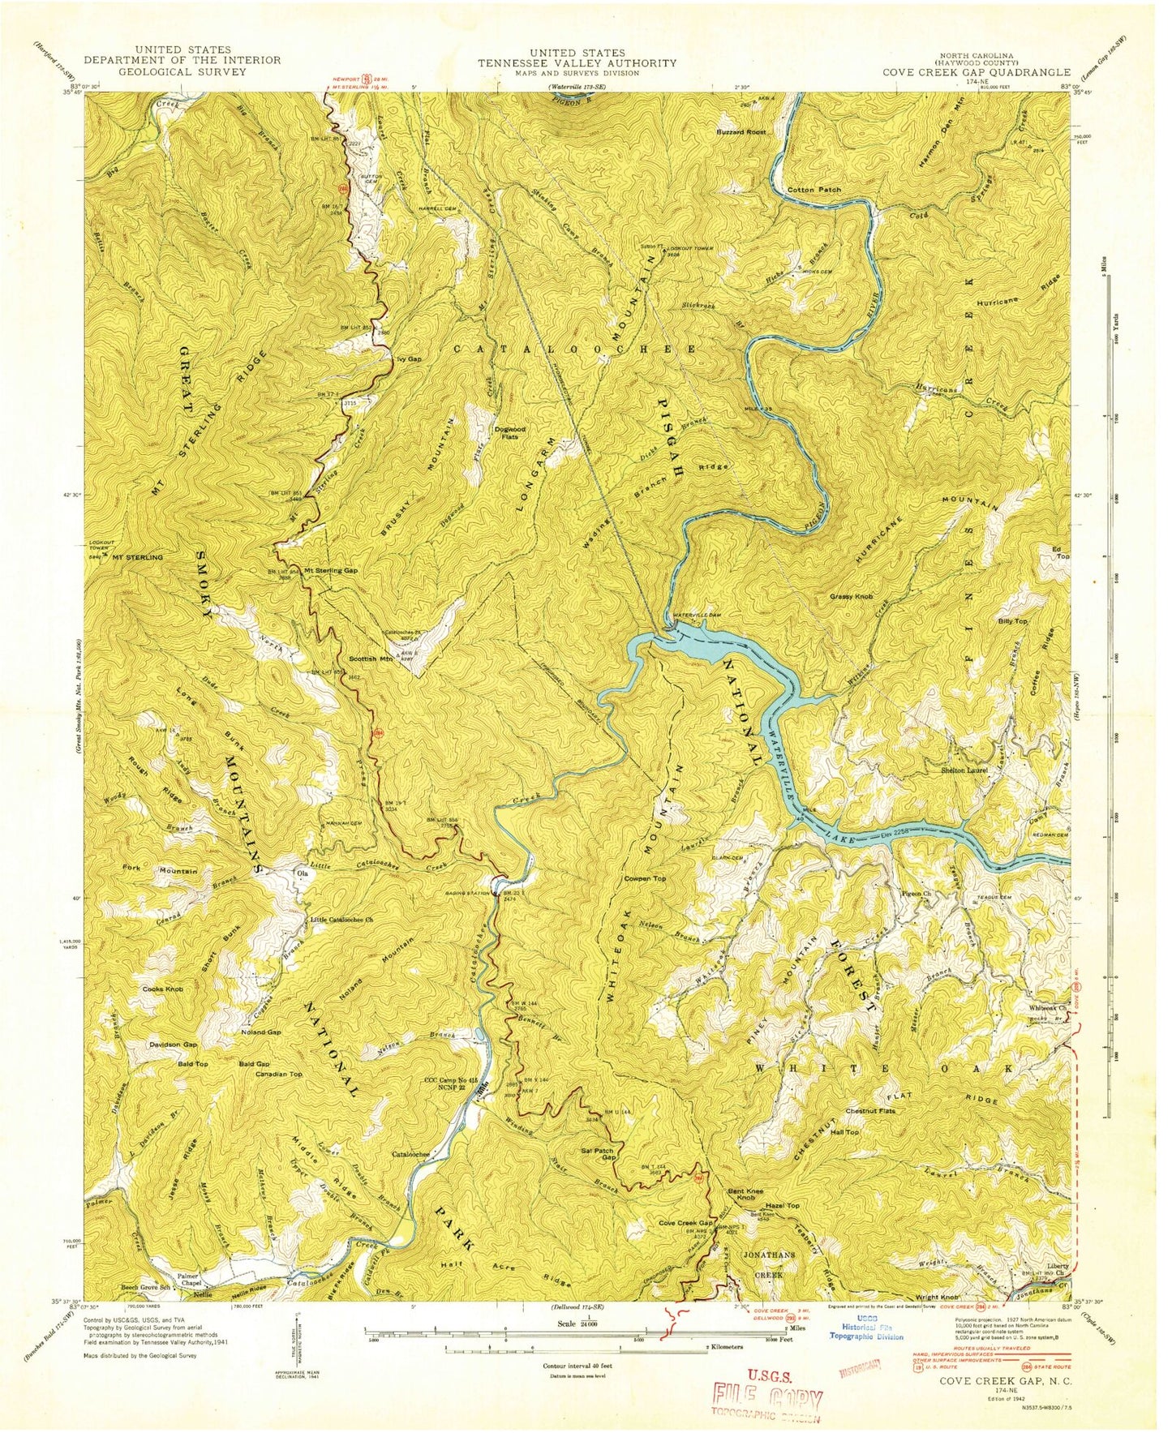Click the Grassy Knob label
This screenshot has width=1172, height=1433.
click(x=851, y=596)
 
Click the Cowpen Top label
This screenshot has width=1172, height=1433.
click(x=645, y=878)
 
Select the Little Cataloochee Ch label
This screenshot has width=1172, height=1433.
click(x=341, y=920)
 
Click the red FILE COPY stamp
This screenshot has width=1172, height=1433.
click(x=766, y=1397)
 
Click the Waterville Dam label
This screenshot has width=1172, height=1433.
click(x=698, y=616)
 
